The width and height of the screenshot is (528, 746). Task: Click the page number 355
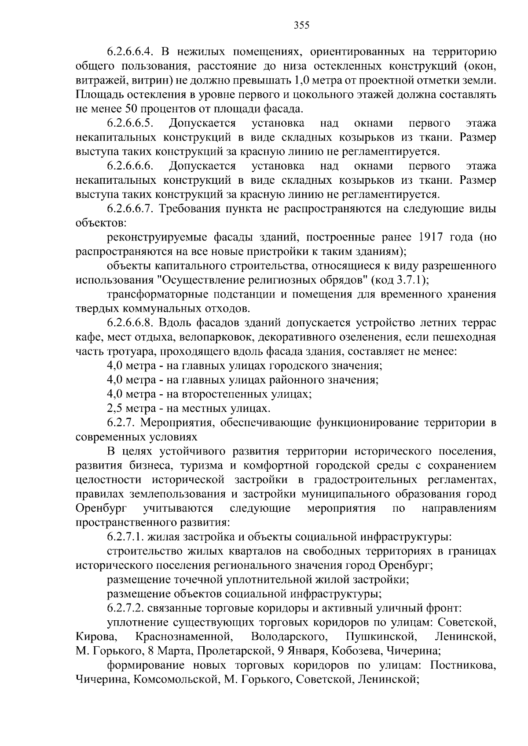(302, 25)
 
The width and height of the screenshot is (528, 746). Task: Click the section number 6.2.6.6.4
(130, 52)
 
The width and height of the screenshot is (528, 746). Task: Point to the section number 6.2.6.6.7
(130, 209)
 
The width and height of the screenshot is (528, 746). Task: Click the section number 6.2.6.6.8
(130, 323)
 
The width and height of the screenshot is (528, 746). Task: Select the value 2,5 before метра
(115, 408)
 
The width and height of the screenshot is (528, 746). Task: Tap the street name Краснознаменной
(183, 637)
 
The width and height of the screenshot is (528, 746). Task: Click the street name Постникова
(463, 665)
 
